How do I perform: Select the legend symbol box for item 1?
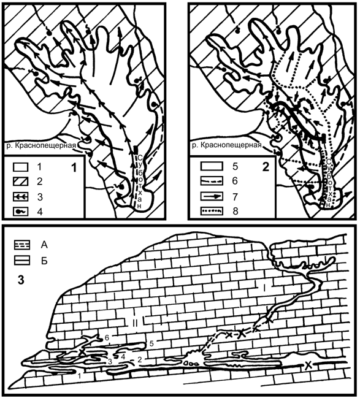point(21,167)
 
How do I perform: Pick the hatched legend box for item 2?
point(21,182)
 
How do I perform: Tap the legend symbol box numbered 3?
point(21,197)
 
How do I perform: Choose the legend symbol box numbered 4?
point(21,212)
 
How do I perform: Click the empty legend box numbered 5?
point(212,167)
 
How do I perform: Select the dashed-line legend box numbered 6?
point(212,182)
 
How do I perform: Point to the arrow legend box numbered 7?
point(212,196)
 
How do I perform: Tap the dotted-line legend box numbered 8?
point(212,211)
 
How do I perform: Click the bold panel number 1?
point(74,168)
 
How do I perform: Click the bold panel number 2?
point(266,167)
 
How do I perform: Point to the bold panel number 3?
point(21,280)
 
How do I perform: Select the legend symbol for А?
point(22,245)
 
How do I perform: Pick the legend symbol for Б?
point(22,261)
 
